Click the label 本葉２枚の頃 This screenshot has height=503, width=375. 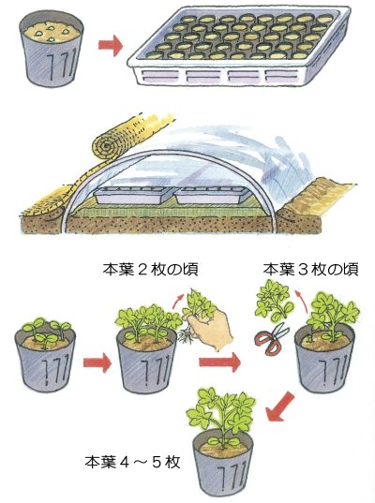pyautogui.click(x=150, y=270)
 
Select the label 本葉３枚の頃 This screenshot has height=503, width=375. pyautogui.click(x=311, y=270)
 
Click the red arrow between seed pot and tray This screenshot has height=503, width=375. pyautogui.click(x=111, y=45)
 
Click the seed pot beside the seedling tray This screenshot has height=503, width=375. pyautogui.click(x=52, y=48)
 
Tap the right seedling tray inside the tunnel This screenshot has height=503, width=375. pyautogui.click(x=212, y=195)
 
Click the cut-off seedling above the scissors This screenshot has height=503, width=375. pyautogui.click(x=274, y=301)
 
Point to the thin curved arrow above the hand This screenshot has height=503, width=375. pyautogui.click(x=178, y=301)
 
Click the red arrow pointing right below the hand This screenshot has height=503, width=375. pyautogui.click(x=219, y=362)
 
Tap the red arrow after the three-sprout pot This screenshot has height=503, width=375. pyautogui.click(x=97, y=362)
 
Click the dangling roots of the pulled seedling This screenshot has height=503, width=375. pyautogui.click(x=186, y=337)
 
